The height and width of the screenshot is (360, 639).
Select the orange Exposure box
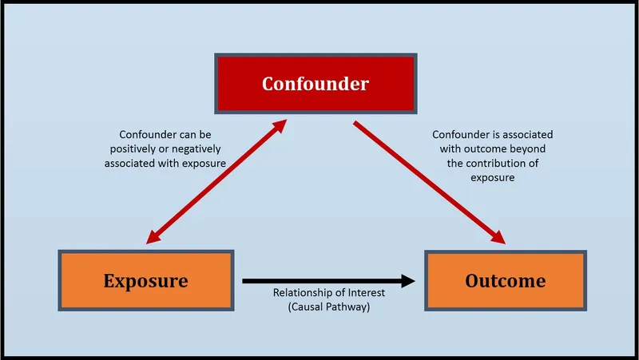click(x=145, y=281)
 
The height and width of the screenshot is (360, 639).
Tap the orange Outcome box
click(x=505, y=281)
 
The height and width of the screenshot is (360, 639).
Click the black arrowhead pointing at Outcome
click(x=409, y=280)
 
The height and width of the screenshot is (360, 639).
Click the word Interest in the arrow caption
click(x=367, y=294)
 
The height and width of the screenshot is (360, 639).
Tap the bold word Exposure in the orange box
click(x=145, y=281)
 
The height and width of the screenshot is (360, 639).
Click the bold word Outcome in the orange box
click(x=505, y=281)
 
